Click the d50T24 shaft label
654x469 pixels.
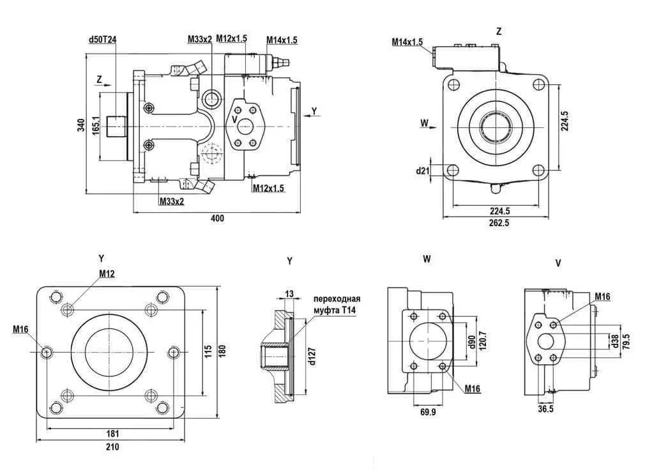(103, 39)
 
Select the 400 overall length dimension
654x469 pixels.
(217, 219)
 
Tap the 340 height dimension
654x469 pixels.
(81, 125)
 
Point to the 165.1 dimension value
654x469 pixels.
(96, 125)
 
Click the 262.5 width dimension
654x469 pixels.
(499, 223)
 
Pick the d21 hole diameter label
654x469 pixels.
(423, 171)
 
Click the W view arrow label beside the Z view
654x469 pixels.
(424, 123)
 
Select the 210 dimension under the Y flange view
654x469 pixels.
(112, 447)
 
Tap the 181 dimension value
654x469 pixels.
(112, 433)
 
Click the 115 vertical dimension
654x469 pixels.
(209, 351)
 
